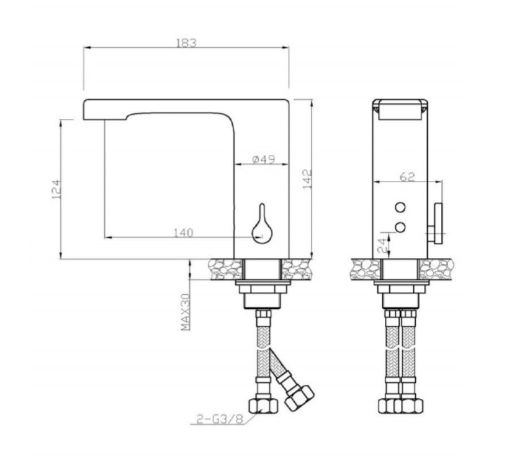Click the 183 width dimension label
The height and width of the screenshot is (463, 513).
(x=186, y=43)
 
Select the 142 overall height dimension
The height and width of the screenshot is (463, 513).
(x=307, y=179)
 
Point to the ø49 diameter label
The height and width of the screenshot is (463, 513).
(x=264, y=159)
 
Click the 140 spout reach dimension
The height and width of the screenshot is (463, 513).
(x=183, y=233)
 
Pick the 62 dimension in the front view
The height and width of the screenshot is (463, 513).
(x=407, y=177)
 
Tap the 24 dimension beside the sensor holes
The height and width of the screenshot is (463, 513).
(x=382, y=246)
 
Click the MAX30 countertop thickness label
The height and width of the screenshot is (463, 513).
(x=186, y=312)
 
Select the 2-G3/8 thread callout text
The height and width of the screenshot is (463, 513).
(x=220, y=419)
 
